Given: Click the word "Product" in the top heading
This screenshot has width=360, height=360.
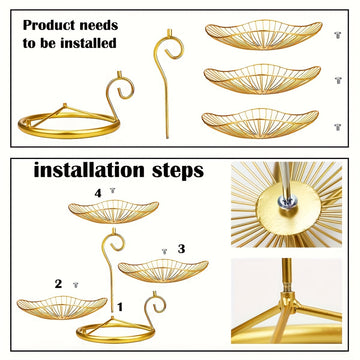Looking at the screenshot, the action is (48, 26).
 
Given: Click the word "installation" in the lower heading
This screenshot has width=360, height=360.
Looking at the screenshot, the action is (89, 170).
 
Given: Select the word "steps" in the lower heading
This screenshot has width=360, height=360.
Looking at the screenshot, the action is (178, 172).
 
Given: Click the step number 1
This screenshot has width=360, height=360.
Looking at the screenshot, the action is (120, 307).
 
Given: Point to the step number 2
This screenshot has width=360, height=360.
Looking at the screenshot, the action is (58, 284).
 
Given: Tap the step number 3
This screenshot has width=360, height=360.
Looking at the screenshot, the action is (181, 249).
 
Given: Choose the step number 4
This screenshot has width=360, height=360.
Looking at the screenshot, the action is (98, 193).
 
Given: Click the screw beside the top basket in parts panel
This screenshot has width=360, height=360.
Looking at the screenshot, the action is (338, 35).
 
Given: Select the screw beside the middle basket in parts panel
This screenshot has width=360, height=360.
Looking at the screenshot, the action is (338, 80).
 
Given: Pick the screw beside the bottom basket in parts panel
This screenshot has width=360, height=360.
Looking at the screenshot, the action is (338, 127).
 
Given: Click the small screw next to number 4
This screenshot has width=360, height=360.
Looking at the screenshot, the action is (113, 190).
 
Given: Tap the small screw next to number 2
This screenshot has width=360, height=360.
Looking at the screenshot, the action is (76, 285).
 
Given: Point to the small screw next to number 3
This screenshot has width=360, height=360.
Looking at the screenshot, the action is (164, 251).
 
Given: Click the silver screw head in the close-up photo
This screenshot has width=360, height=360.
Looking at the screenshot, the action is (287, 202).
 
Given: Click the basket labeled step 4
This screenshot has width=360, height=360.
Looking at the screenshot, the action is (113, 211).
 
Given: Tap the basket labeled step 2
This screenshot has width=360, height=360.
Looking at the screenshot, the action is (62, 307).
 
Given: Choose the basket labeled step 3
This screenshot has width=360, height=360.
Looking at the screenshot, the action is (163, 270).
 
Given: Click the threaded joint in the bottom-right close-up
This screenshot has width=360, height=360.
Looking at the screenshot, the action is (287, 286).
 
